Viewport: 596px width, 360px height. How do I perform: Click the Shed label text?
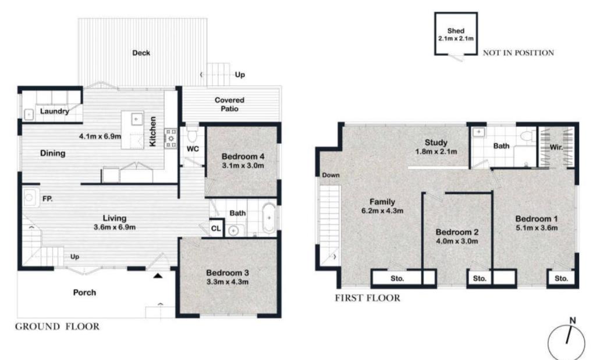point(456,31)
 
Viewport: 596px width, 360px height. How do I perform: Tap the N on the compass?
point(573,320)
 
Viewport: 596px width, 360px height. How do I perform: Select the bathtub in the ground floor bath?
point(269,218)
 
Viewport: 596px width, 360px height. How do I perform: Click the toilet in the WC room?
point(192,133)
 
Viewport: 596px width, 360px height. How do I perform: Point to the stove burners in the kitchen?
point(171,138)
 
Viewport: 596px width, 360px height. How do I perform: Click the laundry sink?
point(29,115)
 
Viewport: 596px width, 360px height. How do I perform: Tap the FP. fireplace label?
point(48,198)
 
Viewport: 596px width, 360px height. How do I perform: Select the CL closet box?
point(216,228)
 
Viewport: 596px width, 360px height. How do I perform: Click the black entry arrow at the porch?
point(158,275)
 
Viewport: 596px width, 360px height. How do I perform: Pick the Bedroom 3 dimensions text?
point(228,281)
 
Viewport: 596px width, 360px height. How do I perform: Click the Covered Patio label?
point(229,105)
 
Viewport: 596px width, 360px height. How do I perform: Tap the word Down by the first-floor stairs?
point(331,175)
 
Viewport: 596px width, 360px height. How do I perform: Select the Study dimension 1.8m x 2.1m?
point(436,152)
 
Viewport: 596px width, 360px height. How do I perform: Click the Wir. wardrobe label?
point(556,147)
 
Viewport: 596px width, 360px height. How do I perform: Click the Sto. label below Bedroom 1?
point(561,279)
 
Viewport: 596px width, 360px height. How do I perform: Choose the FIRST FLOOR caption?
point(368,298)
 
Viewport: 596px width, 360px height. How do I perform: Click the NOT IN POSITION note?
point(519,53)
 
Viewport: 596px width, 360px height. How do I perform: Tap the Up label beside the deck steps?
point(240,74)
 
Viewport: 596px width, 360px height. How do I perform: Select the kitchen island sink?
point(136,119)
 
